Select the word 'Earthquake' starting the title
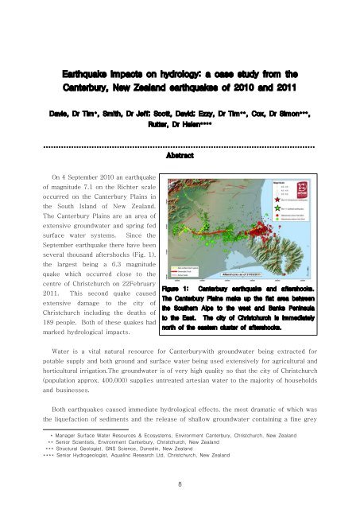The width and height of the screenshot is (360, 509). pos(89,52)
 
